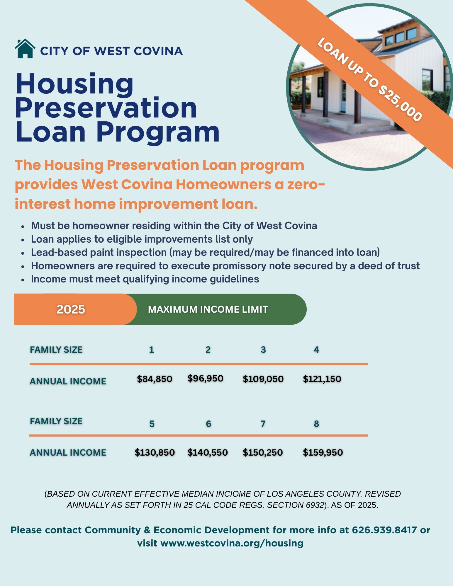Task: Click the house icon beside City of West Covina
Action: click(25, 49)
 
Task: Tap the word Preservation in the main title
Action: click(106, 108)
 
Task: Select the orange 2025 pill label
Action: click(71, 309)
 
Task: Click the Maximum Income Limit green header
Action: click(208, 309)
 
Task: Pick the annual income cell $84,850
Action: click(155, 379)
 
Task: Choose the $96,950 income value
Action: click(205, 378)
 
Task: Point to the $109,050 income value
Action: click(263, 379)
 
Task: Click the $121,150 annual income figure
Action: click(322, 379)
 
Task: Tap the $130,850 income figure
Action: click(155, 452)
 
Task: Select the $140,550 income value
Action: click(208, 452)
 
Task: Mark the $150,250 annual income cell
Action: click(263, 452)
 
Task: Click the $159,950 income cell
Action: click(323, 452)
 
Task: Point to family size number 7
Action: click(263, 424)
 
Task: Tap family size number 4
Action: click(316, 350)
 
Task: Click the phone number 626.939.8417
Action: click(384, 530)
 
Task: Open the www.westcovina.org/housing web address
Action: click(232, 543)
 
